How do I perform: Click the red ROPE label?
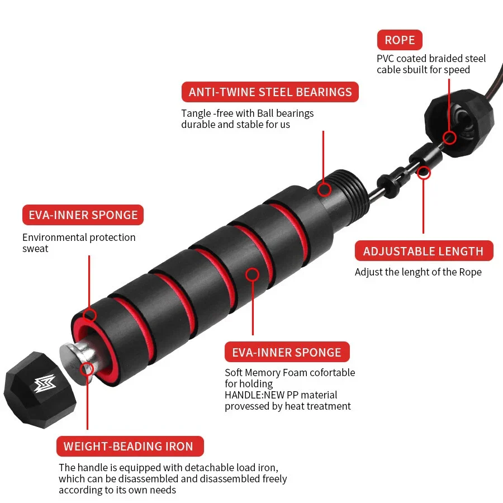tap(400, 40)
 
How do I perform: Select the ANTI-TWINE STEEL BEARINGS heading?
tap(270, 92)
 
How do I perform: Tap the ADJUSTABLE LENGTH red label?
tap(423, 251)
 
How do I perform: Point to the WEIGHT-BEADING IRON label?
tap(129, 447)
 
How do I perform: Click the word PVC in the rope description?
tap(386, 59)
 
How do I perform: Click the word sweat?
tap(35, 249)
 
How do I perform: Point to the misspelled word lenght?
tap(431, 272)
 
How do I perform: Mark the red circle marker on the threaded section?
tap(324, 189)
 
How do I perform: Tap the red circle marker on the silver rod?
tap(87, 368)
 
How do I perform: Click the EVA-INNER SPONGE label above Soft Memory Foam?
tap(286, 353)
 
